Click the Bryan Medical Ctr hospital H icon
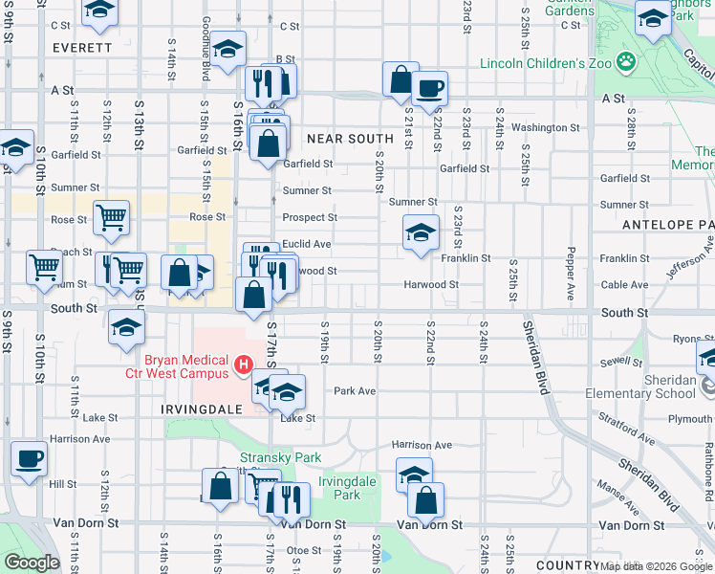(x=243, y=364)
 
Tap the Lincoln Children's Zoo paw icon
(x=626, y=62)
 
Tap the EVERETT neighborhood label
(x=82, y=47)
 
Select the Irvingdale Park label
(x=339, y=488)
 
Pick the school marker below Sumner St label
(x=421, y=232)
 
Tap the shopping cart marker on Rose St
(x=112, y=219)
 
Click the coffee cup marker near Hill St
(x=30, y=458)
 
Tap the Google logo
(x=32, y=563)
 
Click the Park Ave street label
(x=355, y=391)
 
